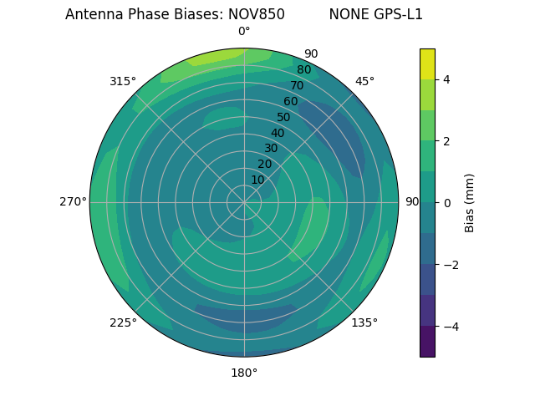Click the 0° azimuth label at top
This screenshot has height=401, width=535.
coord(244,32)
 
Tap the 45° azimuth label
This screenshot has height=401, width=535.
coord(364,81)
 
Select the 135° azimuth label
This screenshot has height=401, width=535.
coord(364,322)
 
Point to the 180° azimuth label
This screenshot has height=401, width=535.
coord(244,373)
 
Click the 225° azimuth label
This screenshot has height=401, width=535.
coord(123,322)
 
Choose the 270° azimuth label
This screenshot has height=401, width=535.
coord(73,201)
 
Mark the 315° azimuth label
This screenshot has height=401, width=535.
coord(123,81)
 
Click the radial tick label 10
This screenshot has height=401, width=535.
coord(257,180)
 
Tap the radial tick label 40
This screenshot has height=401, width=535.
coord(278,133)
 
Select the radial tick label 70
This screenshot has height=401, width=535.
coord(297,85)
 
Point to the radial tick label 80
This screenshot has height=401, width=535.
coord(303,69)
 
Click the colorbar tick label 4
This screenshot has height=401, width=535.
coord(446,79)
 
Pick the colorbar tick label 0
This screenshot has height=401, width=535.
coord(446,202)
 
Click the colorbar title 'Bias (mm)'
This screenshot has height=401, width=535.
coord(470,202)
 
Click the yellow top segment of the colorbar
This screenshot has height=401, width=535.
coord(427,63)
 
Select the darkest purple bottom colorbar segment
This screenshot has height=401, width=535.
coord(427,341)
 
